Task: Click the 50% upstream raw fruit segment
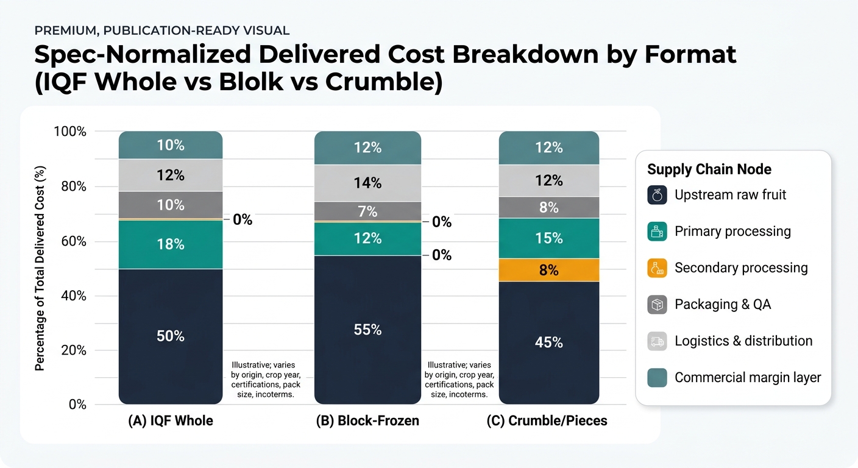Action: point(171,336)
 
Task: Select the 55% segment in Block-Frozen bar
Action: point(367,330)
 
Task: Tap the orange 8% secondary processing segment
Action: point(548,270)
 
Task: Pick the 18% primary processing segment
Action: point(171,244)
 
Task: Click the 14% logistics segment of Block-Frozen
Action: point(367,183)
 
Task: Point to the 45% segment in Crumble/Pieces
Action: point(548,342)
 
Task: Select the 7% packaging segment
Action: point(367,211)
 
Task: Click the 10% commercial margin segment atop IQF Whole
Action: point(171,145)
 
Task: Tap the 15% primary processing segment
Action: point(548,238)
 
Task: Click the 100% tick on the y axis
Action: point(72,132)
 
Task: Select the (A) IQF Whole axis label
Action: point(171,421)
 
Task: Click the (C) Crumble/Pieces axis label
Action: point(549,421)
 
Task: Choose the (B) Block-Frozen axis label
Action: point(367,421)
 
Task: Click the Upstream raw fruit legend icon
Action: point(657,195)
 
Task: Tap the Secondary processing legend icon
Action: point(657,268)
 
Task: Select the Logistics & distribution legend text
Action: point(743,341)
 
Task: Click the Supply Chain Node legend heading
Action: point(709,169)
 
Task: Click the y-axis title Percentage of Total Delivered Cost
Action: point(40,268)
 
